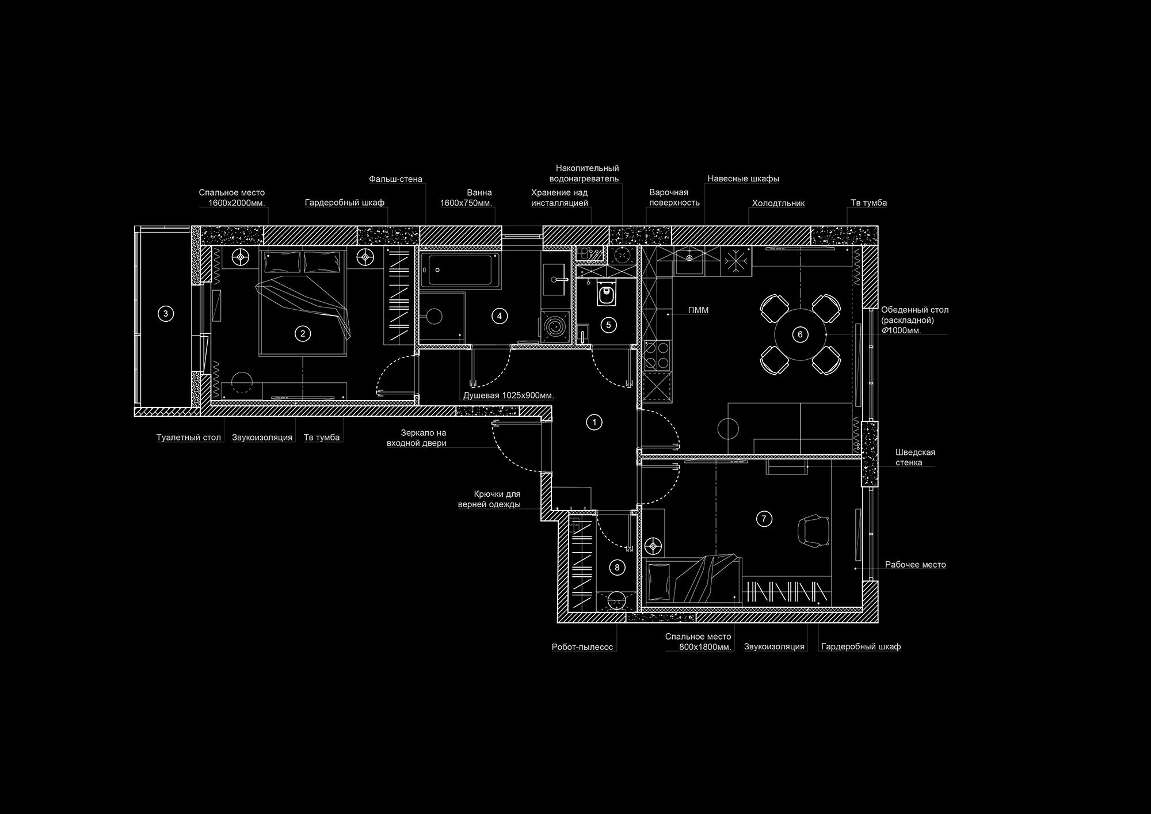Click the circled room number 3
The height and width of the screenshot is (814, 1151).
(x=166, y=314)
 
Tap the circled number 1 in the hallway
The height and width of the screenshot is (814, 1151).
(x=594, y=423)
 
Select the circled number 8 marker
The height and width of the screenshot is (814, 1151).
(x=617, y=568)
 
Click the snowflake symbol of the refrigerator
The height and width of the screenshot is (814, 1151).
(x=734, y=261)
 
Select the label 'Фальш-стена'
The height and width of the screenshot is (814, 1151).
(x=395, y=179)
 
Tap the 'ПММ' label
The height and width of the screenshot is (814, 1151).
(x=698, y=310)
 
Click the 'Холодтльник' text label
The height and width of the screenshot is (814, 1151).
(x=778, y=203)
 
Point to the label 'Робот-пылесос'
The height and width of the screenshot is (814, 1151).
(x=582, y=647)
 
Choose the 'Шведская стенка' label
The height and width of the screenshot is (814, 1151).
(x=915, y=457)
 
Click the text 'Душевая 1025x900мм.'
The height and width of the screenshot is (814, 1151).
(x=509, y=396)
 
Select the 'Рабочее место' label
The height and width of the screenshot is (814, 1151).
(x=915, y=565)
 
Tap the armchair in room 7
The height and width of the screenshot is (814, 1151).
(x=813, y=528)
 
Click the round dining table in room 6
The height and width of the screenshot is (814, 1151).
(x=800, y=334)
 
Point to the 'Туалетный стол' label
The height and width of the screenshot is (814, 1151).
(x=189, y=438)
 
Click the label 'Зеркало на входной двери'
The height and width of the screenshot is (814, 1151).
(x=417, y=438)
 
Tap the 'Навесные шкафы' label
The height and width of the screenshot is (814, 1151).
(x=744, y=179)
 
